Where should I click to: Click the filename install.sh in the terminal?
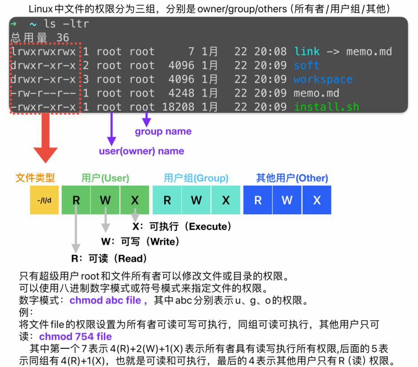click(326, 107)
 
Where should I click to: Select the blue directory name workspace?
click(323, 80)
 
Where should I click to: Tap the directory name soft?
click(306, 66)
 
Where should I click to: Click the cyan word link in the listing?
click(307, 52)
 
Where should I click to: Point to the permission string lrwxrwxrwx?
click(43, 52)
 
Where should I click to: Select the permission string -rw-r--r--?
click(43, 93)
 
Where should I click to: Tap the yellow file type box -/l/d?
click(44, 200)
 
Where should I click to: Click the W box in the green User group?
click(105, 200)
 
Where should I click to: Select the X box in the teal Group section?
click(226, 200)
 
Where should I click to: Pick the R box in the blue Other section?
click(258, 200)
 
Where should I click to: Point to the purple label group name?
click(163, 132)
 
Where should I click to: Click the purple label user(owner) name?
click(141, 151)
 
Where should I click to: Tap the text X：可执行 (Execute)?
click(182, 227)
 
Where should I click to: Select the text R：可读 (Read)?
click(109, 259)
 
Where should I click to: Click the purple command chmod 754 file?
click(75, 336)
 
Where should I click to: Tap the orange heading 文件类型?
click(35, 178)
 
